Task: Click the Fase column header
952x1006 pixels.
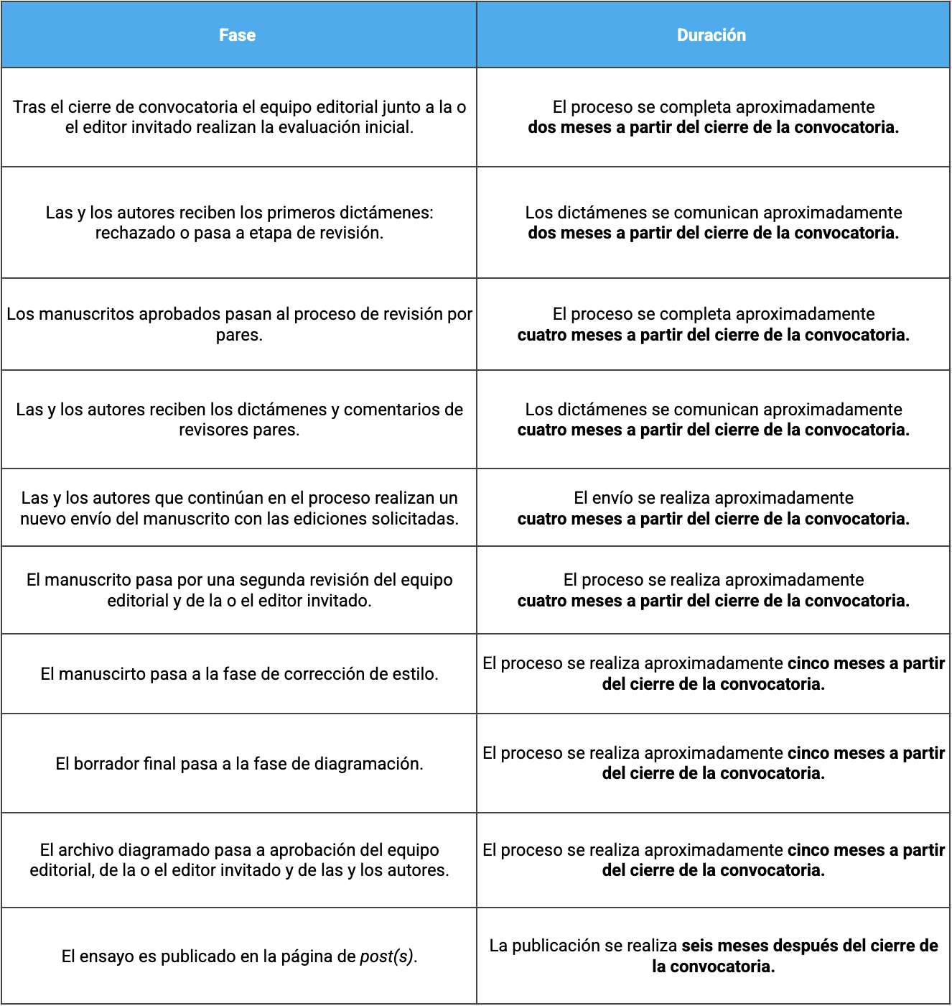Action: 238,35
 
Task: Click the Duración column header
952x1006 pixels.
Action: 711,35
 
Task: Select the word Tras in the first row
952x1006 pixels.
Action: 29,107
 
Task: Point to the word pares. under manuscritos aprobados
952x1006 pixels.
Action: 239,335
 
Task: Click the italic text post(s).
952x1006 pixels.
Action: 388,956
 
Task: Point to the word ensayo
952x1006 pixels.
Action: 106,956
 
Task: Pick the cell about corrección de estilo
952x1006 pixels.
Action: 239,674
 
